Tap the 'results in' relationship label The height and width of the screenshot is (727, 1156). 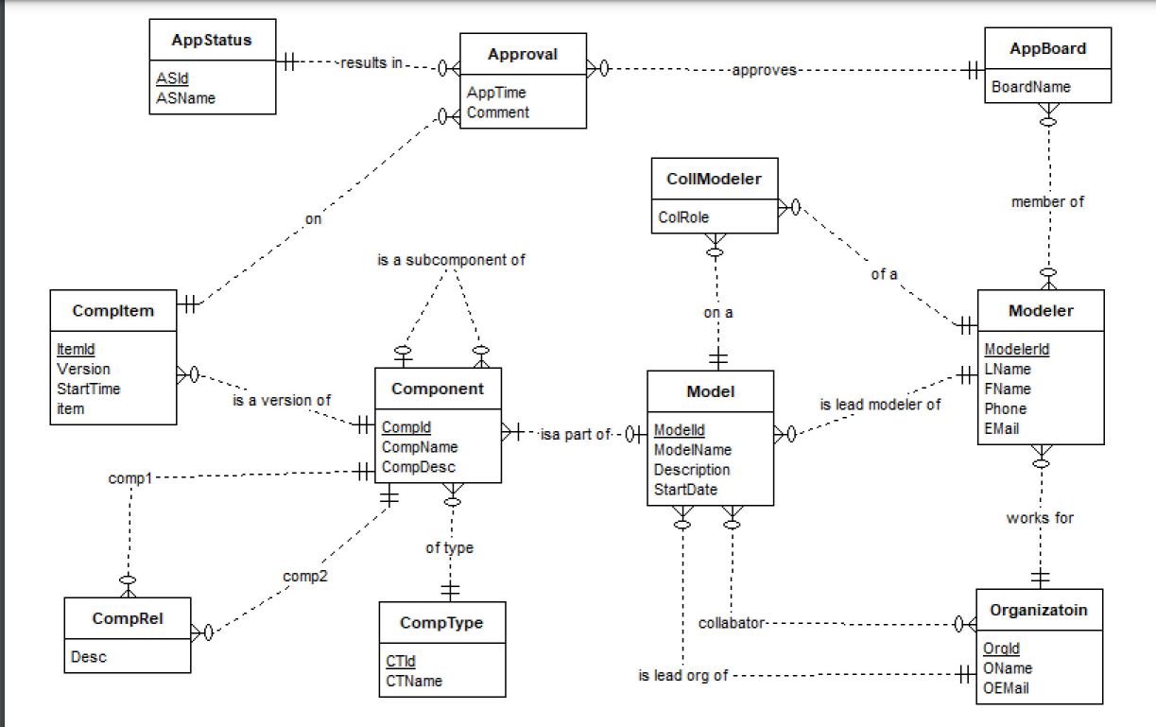coord(371,63)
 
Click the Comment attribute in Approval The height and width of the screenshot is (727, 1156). coord(498,113)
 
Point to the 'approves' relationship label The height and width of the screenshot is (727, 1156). coord(764,70)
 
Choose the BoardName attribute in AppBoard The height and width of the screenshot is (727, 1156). coord(1031,87)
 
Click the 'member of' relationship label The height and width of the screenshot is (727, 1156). coord(1047,201)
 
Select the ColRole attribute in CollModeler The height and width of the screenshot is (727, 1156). coord(683,216)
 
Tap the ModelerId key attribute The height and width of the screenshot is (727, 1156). coord(1016,349)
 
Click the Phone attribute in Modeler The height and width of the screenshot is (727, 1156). coord(1005,408)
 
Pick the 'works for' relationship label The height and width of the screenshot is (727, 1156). coord(1040,518)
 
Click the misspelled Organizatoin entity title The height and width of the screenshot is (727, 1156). coord(1039,611)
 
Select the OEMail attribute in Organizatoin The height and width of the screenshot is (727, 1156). coord(1007,687)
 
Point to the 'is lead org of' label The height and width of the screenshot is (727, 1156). coord(683,675)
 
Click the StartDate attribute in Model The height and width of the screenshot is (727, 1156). coord(685,489)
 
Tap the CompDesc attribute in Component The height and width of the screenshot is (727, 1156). coord(419,466)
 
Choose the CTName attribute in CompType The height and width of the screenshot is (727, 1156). coord(413,680)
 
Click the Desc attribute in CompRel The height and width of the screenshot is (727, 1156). coord(88,657)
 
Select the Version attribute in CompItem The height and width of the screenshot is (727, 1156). coord(83,369)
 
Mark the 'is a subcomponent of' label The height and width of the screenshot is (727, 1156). coord(451,259)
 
